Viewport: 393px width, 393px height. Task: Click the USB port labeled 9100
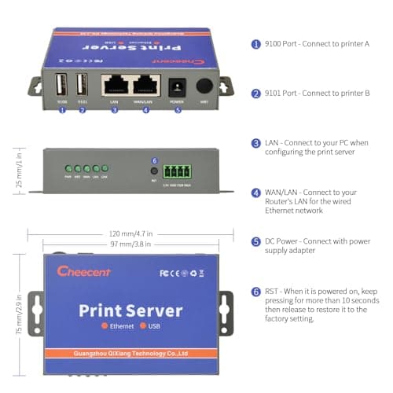pos(62,85)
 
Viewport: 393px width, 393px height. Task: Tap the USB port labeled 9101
pos(82,85)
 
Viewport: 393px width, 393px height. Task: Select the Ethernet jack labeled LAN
pos(114,84)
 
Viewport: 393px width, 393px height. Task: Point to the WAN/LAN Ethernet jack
pos(145,84)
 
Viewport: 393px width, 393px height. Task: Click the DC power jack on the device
pos(177,86)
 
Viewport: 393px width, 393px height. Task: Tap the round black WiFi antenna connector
pos(205,85)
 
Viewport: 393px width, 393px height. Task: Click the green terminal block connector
pos(177,171)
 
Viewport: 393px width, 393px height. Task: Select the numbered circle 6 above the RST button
pos(154,160)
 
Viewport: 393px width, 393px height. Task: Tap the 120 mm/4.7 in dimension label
pos(131,233)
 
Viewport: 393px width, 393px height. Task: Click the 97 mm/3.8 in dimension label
pos(131,245)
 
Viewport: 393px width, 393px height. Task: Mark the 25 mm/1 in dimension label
pos(19,171)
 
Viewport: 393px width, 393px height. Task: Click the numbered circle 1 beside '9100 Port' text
pos(255,44)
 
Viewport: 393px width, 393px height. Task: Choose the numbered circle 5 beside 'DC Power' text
pos(255,242)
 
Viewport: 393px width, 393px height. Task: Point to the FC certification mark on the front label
pos(164,274)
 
